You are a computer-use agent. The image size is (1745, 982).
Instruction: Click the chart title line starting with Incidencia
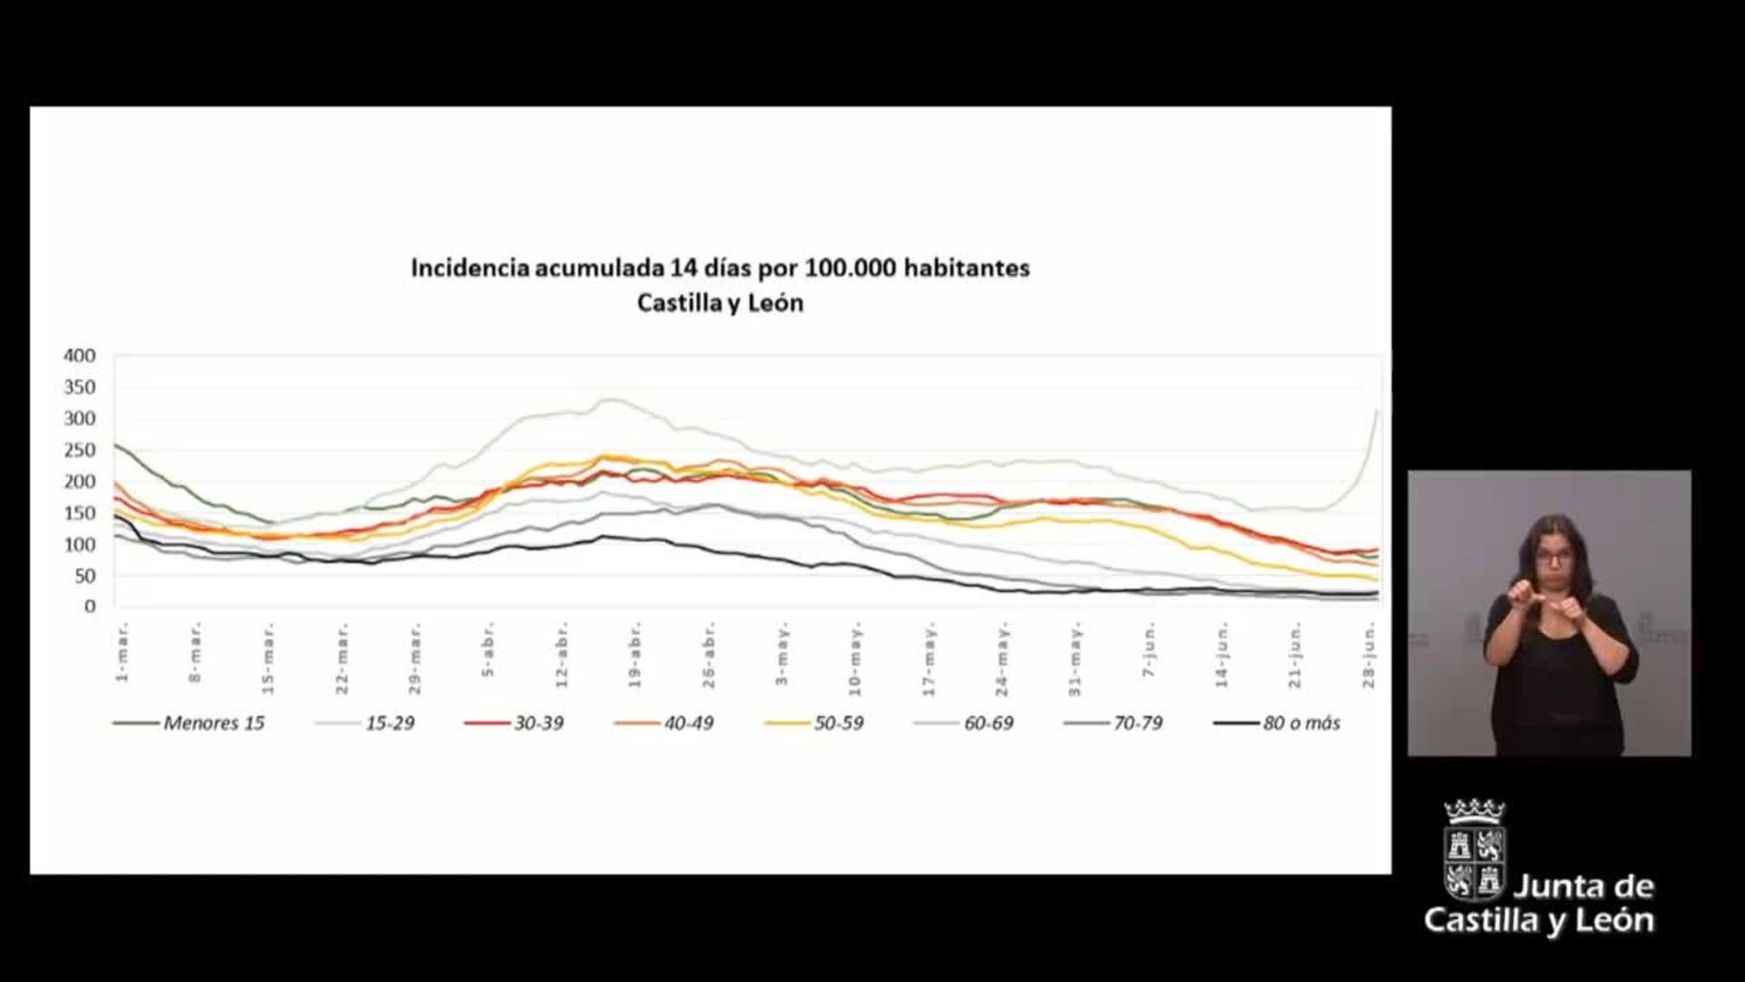pos(720,268)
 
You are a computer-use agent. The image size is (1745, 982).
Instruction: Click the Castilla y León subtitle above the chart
pos(720,303)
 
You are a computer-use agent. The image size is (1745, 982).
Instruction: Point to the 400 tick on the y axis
pos(80,356)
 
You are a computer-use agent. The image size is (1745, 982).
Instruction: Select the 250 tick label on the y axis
pos(80,450)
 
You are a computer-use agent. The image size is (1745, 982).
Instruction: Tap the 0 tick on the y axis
pos(89,606)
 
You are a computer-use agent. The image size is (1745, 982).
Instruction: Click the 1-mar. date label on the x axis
pos(123,652)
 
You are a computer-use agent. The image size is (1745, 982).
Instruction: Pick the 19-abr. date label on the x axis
pos(634,655)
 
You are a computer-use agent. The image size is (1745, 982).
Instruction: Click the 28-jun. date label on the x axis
pos(1369,655)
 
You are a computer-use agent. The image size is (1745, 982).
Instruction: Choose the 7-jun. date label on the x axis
pos(1150,650)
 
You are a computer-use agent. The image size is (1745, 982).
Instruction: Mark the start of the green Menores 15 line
pos(115,445)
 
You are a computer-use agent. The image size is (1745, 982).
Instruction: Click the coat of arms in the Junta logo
pos(1473,850)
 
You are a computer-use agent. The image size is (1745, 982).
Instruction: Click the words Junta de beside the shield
pos(1583,886)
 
